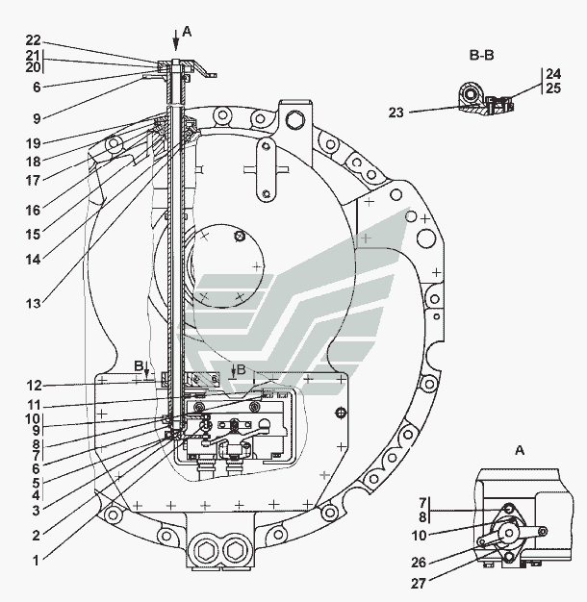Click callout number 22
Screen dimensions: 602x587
click(x=34, y=39)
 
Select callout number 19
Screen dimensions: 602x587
click(x=34, y=142)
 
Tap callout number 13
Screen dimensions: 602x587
click(x=34, y=304)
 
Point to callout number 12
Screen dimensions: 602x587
click(x=34, y=386)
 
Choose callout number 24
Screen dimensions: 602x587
click(x=551, y=74)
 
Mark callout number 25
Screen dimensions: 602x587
click(x=551, y=88)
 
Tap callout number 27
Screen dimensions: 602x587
click(x=421, y=583)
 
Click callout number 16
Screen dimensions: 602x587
click(x=34, y=210)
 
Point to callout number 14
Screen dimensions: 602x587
click(x=34, y=258)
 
